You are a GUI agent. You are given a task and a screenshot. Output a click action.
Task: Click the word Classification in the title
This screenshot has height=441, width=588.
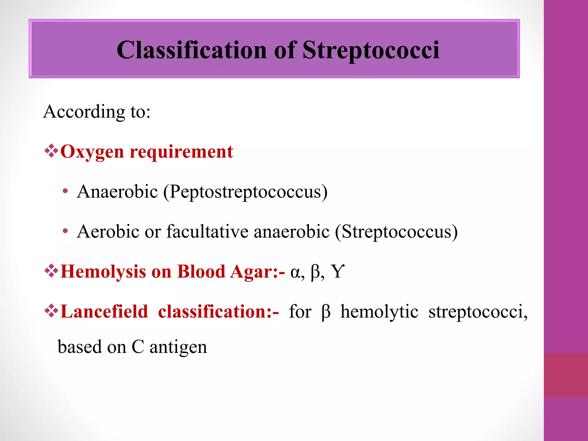[x=192, y=50]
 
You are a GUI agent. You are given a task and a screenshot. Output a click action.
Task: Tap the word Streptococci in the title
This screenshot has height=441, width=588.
[x=371, y=50]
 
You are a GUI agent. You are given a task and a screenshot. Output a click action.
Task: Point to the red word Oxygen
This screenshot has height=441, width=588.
[x=92, y=152]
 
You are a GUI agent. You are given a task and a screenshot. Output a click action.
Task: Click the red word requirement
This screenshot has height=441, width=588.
[x=181, y=152]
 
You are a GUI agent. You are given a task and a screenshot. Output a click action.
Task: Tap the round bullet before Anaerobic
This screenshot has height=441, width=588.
[x=65, y=191]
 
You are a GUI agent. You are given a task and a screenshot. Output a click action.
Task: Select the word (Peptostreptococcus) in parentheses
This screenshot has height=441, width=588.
[x=245, y=192]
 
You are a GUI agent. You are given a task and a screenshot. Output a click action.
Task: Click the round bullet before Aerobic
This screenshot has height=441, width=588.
[x=65, y=231]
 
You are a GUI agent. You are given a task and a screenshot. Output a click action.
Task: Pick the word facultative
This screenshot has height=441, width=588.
[x=207, y=231]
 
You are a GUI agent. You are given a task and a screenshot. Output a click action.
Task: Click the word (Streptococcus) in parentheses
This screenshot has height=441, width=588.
[x=396, y=231]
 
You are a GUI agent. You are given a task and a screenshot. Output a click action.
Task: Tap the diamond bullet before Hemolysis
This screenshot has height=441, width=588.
[x=51, y=271]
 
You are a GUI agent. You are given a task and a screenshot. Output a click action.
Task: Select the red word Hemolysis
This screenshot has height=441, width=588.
[x=103, y=271]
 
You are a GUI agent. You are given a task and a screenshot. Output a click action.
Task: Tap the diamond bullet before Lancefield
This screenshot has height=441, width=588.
[x=51, y=311]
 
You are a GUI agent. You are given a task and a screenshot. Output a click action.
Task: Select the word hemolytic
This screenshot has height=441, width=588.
[x=379, y=312]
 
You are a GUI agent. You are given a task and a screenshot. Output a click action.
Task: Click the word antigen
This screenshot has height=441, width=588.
[x=178, y=347]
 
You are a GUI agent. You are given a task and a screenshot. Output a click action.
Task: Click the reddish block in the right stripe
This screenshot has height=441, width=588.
[x=566, y=375]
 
